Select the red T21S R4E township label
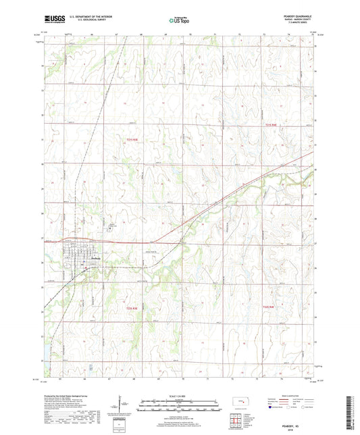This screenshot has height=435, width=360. [271, 124]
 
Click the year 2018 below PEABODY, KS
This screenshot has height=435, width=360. [294, 424]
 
